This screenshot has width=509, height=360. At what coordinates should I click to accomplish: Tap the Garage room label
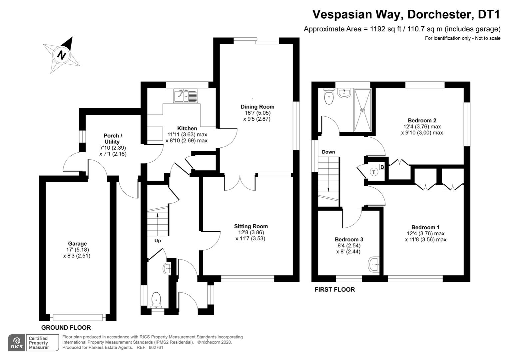click(x=77, y=244)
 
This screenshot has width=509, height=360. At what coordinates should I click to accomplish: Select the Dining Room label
click(x=257, y=107)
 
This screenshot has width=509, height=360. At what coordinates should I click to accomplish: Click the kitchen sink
click(x=186, y=95)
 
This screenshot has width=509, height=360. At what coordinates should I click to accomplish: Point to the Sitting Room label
click(x=251, y=226)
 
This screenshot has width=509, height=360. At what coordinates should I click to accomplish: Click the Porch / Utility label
click(x=113, y=139)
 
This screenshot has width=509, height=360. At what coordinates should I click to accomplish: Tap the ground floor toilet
click(x=156, y=299)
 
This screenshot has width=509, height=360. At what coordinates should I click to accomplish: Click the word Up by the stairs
click(x=158, y=240)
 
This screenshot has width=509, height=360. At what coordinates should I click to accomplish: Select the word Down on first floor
click(x=328, y=152)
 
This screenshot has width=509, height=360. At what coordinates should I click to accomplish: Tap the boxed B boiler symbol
click(x=382, y=167)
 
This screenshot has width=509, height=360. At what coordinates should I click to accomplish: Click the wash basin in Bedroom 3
click(x=374, y=265)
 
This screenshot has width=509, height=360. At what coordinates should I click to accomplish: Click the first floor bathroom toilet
click(x=329, y=96)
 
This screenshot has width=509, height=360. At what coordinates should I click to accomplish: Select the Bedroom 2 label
click(x=422, y=120)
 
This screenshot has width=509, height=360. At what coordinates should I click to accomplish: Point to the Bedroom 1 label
click(x=425, y=227)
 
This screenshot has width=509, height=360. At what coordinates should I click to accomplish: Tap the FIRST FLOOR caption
click(x=335, y=290)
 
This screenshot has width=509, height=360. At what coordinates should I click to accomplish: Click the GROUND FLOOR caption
click(x=66, y=327)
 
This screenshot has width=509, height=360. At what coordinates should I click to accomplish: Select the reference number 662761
click(x=156, y=347)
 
